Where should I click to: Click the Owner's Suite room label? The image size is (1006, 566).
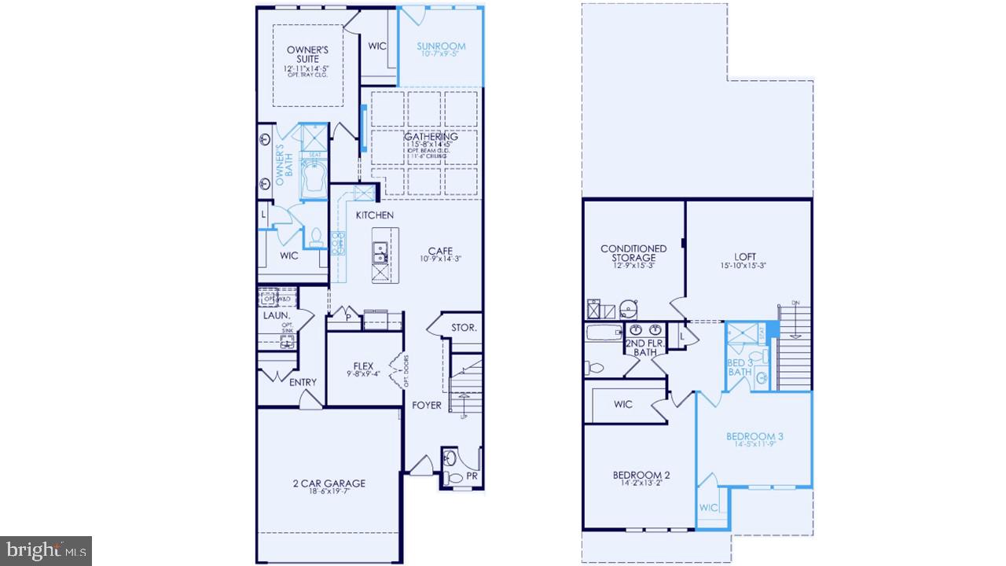(307, 54)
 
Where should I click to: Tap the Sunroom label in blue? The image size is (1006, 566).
(441, 46)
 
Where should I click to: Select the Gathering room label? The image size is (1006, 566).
(431, 137)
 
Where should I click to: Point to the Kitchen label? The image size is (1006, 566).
(375, 215)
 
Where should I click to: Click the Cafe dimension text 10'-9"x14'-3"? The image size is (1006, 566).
(440, 259)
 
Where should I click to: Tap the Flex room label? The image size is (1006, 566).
(363, 366)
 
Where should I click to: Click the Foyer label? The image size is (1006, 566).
(428, 406)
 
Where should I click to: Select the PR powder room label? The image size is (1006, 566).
(472, 476)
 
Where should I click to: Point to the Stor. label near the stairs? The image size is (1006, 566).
(464, 328)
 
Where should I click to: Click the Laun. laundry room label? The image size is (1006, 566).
(277, 316)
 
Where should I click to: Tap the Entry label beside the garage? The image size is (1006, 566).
(303, 382)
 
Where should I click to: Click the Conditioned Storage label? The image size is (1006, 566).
(633, 253)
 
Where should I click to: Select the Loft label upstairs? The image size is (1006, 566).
(745, 256)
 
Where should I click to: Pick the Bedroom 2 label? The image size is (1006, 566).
(641, 475)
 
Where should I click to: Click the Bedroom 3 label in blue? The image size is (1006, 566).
(754, 436)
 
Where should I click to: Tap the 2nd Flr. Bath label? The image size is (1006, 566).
(646, 348)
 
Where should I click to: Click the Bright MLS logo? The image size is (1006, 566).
(46, 550)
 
